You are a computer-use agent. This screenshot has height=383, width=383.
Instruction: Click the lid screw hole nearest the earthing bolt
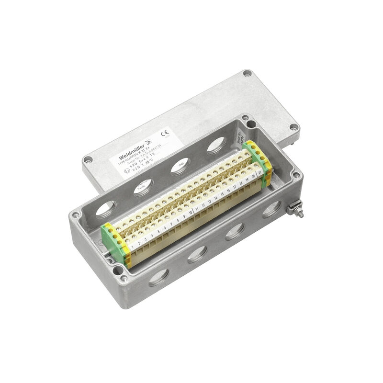click(x=294, y=127)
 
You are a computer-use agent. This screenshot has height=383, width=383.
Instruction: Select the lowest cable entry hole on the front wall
click(x=159, y=277)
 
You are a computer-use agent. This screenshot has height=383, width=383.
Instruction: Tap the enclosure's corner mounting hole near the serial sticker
click(x=245, y=118)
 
